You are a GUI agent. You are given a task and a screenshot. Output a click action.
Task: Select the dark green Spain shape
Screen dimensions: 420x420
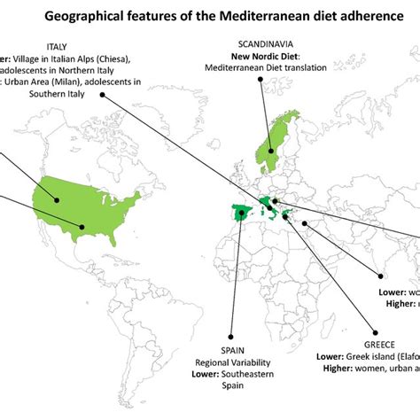pyautogui.click(x=240, y=216)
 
